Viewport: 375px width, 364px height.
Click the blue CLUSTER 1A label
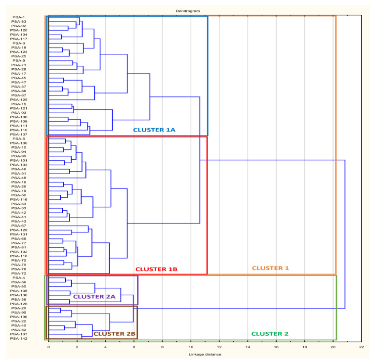pyautogui.click(x=155, y=130)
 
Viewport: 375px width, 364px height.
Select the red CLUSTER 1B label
pyautogui.click(x=156, y=270)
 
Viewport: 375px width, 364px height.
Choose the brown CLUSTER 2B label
pyautogui.click(x=114, y=334)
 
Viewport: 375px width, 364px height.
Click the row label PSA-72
pyautogui.click(x=18, y=273)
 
